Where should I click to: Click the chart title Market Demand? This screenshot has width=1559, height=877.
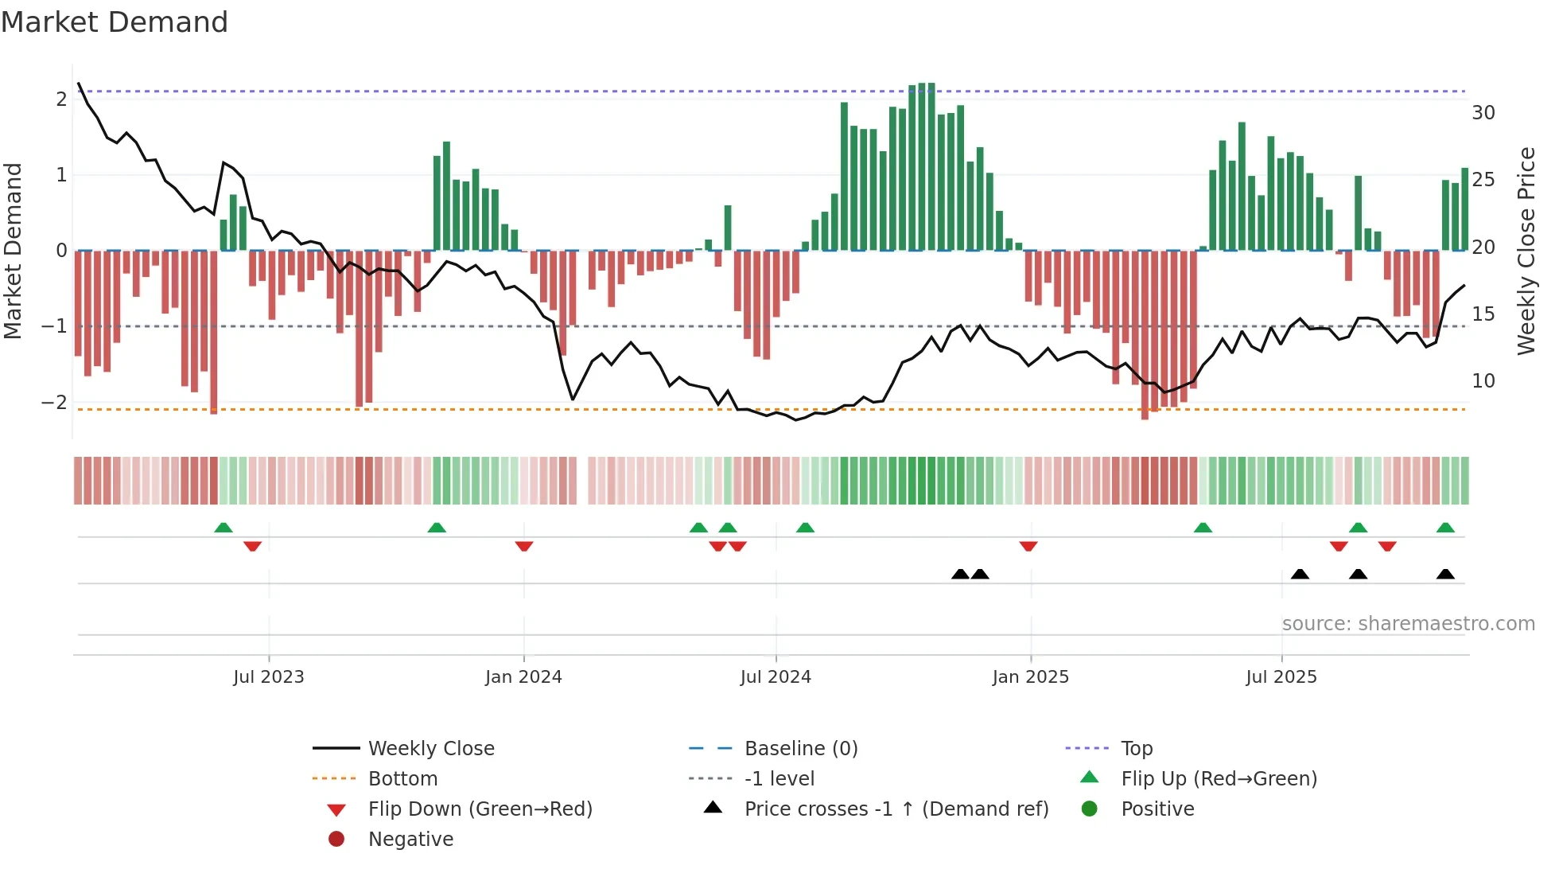pyautogui.click(x=115, y=22)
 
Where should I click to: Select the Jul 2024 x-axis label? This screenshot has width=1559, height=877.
pyautogui.click(x=776, y=677)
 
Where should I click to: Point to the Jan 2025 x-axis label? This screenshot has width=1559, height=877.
pyautogui.click(x=1031, y=677)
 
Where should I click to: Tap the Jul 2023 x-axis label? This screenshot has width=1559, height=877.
pyautogui.click(x=269, y=677)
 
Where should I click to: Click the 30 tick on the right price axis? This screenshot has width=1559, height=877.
pyautogui.click(x=1483, y=113)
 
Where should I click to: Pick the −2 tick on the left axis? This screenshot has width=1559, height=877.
pyautogui.click(x=54, y=403)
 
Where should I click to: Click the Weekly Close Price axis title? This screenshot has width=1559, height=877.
pyautogui.click(x=1526, y=251)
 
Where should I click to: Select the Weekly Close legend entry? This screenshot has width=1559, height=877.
pyautogui.click(x=431, y=749)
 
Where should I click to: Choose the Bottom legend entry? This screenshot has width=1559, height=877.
pyautogui.click(x=402, y=779)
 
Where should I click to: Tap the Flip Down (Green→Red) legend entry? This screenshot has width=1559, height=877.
pyautogui.click(x=480, y=809)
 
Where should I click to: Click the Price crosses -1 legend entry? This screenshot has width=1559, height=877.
pyautogui.click(x=896, y=809)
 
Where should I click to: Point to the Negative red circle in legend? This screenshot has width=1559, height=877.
pyautogui.click(x=336, y=840)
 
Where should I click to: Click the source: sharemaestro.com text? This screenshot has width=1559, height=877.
pyautogui.click(x=1408, y=624)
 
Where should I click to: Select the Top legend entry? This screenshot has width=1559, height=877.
pyautogui.click(x=1137, y=749)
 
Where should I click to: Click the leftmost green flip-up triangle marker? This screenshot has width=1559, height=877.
pyautogui.click(x=224, y=528)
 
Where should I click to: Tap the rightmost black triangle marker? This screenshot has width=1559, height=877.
pyautogui.click(x=1445, y=575)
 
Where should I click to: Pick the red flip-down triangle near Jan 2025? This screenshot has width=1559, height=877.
pyautogui.click(x=1028, y=546)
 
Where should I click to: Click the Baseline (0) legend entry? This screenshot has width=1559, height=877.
pyautogui.click(x=801, y=749)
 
